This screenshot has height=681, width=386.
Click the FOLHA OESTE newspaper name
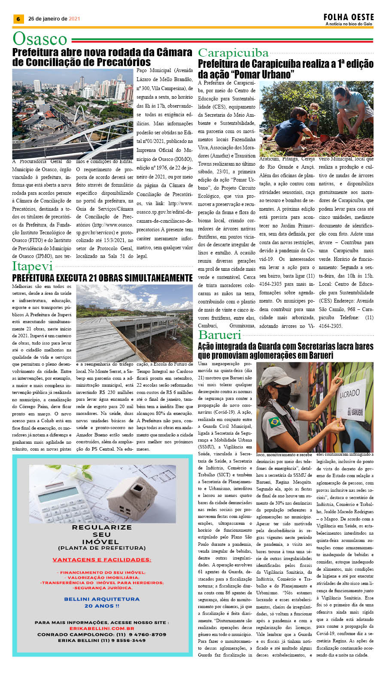tap(349, 17)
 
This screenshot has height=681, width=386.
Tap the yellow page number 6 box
tap(18, 19)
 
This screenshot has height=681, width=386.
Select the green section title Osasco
tap(40, 39)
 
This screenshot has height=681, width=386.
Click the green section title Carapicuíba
tap(233, 53)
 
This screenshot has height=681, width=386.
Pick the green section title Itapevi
tap(32, 266)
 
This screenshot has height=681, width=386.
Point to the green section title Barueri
tap(219, 335)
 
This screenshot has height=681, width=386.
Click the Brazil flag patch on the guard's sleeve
tap(274, 422)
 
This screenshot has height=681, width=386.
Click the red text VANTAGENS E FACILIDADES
tap(102, 560)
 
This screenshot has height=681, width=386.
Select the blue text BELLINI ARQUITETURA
tap(102, 599)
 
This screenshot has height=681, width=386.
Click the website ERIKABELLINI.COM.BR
tap(102, 628)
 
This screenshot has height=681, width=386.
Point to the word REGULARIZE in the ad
tap(102, 527)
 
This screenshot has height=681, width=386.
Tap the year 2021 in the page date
tap(74, 19)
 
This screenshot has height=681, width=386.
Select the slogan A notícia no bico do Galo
tap(349, 24)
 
